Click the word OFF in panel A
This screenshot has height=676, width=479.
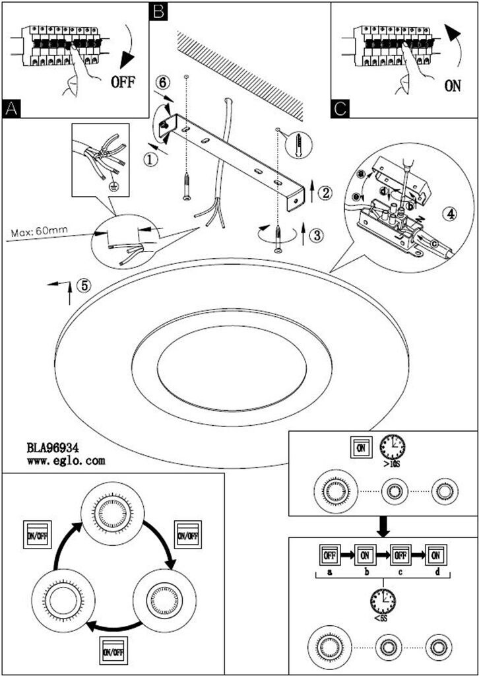pos(123,82)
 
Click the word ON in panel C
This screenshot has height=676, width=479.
pos(453,86)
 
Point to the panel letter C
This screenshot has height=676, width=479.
pos(340,109)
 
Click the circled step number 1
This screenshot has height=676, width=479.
pos(151,159)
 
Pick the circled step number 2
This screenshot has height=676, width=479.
pos(324,193)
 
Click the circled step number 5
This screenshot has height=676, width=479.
pos(83,286)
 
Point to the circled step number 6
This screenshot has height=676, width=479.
pos(165,83)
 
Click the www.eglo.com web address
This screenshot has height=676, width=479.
pos(66,461)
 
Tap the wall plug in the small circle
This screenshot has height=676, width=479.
pos(300,145)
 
